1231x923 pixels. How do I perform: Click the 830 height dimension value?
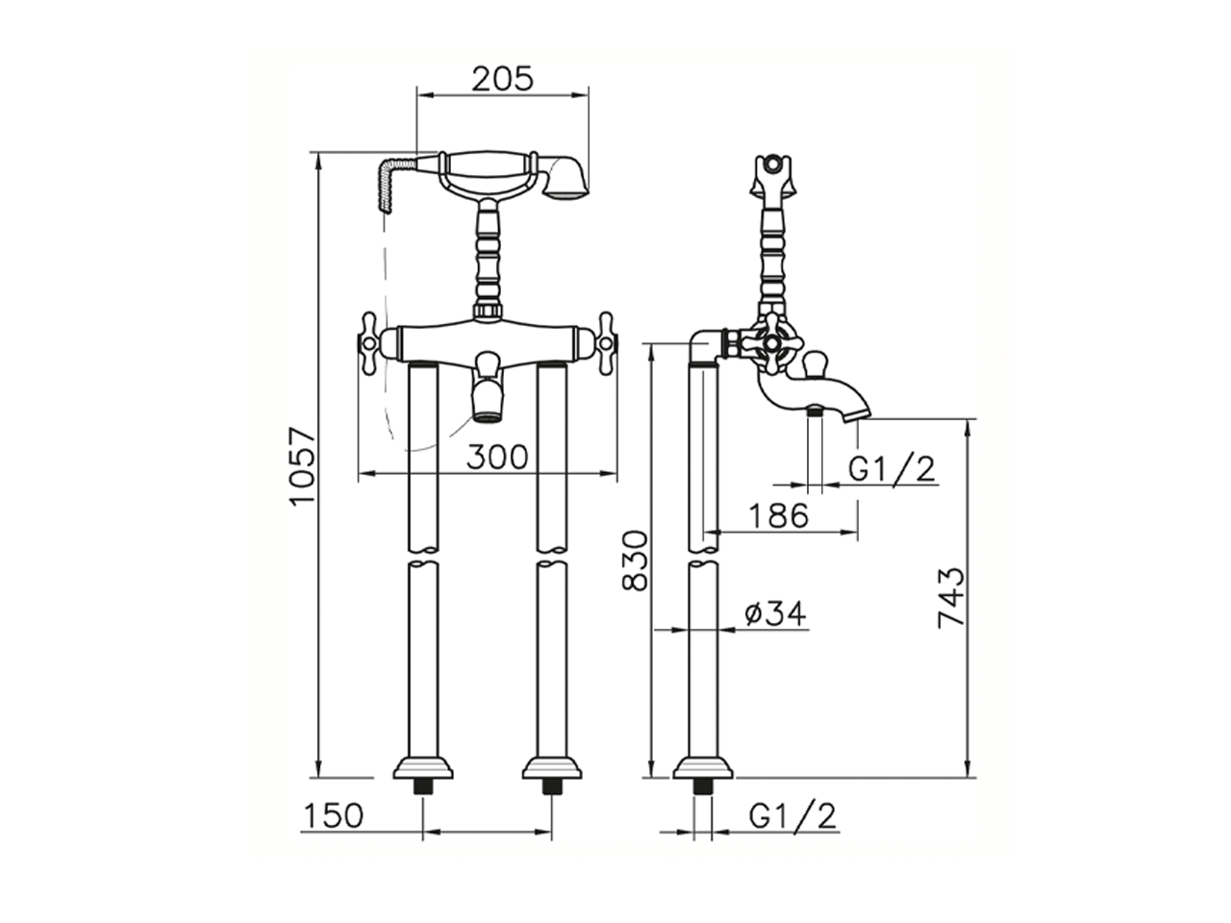(635, 560)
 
